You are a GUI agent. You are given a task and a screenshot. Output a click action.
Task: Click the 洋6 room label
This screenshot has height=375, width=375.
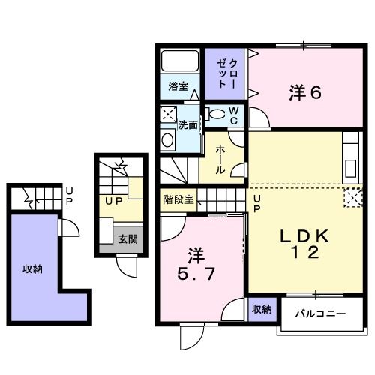pos(306,93)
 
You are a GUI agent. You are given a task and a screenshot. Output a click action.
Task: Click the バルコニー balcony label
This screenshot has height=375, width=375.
pos(319,311)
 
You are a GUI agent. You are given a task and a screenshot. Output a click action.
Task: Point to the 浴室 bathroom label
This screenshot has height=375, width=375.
pos(178,85)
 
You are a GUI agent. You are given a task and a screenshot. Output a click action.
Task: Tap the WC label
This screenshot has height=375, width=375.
pos(233,115)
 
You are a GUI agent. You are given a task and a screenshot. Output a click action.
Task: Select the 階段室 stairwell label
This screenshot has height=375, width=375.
pos(178,199)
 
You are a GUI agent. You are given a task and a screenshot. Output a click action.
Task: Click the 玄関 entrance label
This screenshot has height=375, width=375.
pos(127,239)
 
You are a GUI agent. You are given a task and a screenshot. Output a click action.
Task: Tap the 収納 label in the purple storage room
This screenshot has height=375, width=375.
pos(31,268)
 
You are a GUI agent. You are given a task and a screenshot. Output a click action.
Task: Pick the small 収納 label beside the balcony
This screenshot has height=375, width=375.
pos(261,309)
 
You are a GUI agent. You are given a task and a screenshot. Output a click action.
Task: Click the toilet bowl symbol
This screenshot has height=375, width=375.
pos(216,115)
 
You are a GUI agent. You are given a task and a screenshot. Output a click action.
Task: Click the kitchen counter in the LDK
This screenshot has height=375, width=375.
pos(350,157)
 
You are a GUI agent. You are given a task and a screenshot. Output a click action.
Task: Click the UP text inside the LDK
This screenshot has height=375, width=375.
pos(256,203)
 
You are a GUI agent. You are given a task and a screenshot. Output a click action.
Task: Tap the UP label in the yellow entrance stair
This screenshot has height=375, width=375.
pos(113,202)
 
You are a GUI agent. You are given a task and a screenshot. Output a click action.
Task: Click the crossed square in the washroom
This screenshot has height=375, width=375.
pos(168,115)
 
